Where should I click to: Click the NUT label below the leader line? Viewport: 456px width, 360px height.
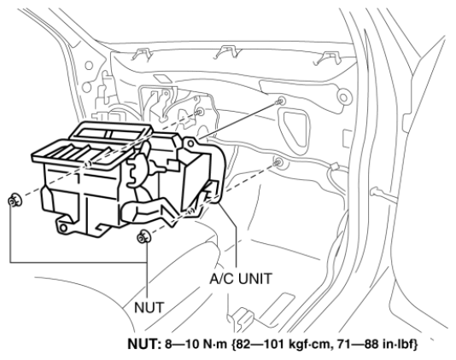point(149,307)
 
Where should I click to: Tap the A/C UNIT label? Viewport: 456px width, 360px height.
point(241,279)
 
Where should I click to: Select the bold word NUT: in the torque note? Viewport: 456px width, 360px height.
point(144,344)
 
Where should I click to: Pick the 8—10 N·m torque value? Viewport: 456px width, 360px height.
point(196,345)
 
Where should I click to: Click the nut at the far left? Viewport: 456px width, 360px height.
point(14,200)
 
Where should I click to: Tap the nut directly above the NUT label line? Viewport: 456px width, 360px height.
point(143,237)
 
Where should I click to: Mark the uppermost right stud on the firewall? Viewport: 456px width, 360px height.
point(280,102)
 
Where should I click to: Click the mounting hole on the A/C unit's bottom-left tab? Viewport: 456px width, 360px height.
point(63,228)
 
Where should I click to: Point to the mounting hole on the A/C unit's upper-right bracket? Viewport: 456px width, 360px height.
point(190,143)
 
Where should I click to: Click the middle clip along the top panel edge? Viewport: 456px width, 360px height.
point(229,52)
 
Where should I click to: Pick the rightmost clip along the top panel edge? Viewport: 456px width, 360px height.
point(327,58)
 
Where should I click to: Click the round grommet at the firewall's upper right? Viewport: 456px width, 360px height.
point(344,97)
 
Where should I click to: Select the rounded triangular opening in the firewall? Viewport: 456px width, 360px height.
point(295,131)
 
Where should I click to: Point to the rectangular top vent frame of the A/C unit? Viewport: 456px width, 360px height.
point(111,134)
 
